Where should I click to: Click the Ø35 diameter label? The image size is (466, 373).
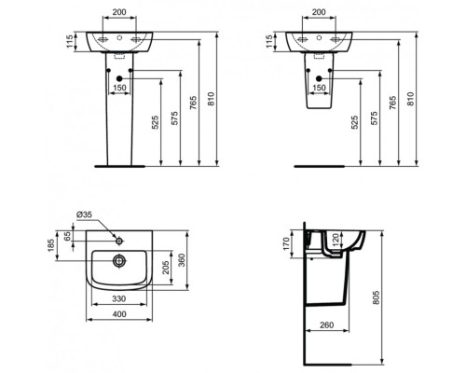click(x=84, y=214)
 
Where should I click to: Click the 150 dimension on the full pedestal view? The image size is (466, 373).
click(x=119, y=87)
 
